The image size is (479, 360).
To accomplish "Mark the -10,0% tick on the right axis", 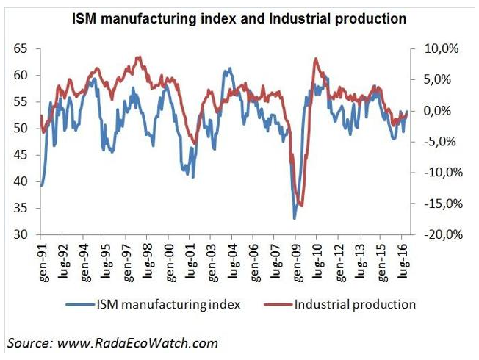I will (x=439, y=173).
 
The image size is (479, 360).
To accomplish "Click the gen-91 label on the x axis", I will (x=42, y=259).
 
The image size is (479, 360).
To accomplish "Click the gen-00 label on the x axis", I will (x=169, y=259).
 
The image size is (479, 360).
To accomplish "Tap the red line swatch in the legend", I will (x=278, y=303).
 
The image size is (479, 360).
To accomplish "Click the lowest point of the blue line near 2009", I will (x=295, y=218).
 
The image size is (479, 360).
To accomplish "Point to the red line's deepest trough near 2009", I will (x=301, y=206).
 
